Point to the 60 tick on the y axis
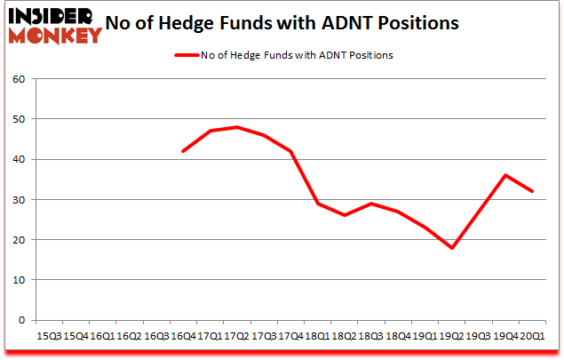pyautogui.click(x=20, y=79)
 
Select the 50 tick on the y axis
pyautogui.click(x=20, y=119)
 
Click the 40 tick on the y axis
pyautogui.click(x=20, y=159)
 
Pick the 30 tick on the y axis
pyautogui.click(x=20, y=200)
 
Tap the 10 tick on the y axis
pyautogui.click(x=20, y=280)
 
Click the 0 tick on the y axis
pyautogui.click(x=22, y=320)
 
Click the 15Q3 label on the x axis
pyautogui.click(x=48, y=336)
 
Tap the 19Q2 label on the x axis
pyautogui.click(x=451, y=336)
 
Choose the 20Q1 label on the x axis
pyautogui.click(x=532, y=336)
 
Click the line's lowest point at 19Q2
pyautogui.click(x=451, y=248)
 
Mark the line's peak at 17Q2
pyautogui.click(x=236, y=127)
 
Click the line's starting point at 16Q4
pyautogui.click(x=182, y=151)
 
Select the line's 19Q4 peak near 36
pyautogui.click(x=505, y=175)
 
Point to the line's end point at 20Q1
pyautogui.click(x=532, y=191)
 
